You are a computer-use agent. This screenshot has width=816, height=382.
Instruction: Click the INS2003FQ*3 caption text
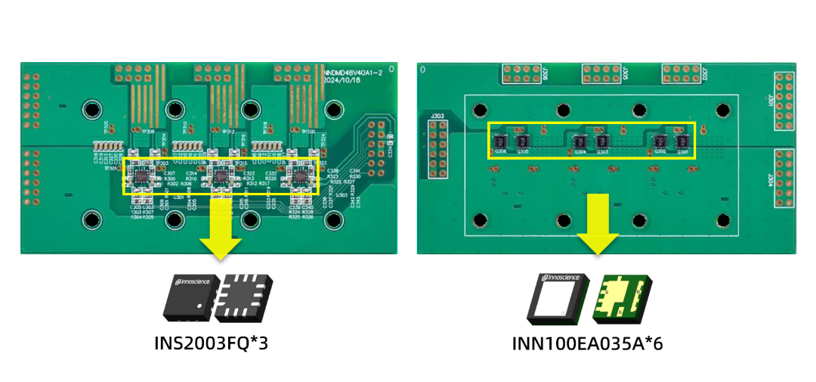pos(211,343)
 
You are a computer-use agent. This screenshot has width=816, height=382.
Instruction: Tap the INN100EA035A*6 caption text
pos(589,344)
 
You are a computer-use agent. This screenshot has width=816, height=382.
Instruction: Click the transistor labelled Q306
pos(499,141)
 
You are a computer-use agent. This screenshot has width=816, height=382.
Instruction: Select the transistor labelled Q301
pos(683,141)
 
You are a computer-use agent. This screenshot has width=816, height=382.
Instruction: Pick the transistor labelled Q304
pos(580,141)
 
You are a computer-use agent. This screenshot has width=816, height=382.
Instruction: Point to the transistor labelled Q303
pos(602,141)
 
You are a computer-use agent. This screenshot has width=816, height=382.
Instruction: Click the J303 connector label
pos(437,116)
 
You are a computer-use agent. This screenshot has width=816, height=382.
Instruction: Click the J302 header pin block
pos(682,73)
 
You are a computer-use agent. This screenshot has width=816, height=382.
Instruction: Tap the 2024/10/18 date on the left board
pos(345,79)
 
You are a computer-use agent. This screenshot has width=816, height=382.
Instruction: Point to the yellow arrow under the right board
pos(598,224)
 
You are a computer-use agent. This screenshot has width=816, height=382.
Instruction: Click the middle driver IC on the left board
pos(220,176)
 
